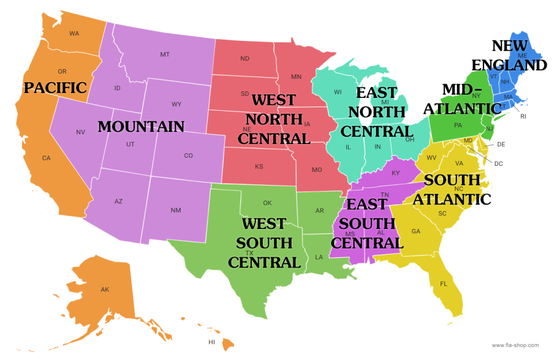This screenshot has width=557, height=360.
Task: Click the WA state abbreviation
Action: (75, 33)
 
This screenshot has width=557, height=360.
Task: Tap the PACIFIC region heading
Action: (55, 87)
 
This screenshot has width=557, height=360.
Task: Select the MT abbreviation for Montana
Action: (165, 54)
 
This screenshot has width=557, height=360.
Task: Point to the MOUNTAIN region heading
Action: (141, 127)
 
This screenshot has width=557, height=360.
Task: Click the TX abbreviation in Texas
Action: (250, 253)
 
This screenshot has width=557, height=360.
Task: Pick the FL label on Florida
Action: (443, 283)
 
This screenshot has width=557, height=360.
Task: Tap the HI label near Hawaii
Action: (212, 342)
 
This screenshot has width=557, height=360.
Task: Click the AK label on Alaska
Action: (105, 289)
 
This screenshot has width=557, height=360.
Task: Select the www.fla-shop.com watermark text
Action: (515, 345)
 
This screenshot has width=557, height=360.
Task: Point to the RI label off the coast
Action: (523, 116)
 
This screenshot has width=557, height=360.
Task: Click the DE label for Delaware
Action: (502, 144)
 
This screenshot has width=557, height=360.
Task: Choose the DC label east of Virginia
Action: (499, 163)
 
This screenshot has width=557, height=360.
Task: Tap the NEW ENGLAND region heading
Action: (509, 55)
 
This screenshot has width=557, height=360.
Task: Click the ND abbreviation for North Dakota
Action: (245, 58)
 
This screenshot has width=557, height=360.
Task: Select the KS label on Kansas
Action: (259, 166)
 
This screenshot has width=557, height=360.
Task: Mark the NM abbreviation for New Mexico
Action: (176, 210)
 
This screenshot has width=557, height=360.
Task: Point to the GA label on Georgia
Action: (416, 231)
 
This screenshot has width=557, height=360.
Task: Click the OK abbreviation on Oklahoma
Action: (267, 203)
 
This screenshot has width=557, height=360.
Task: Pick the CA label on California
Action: (46, 158)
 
